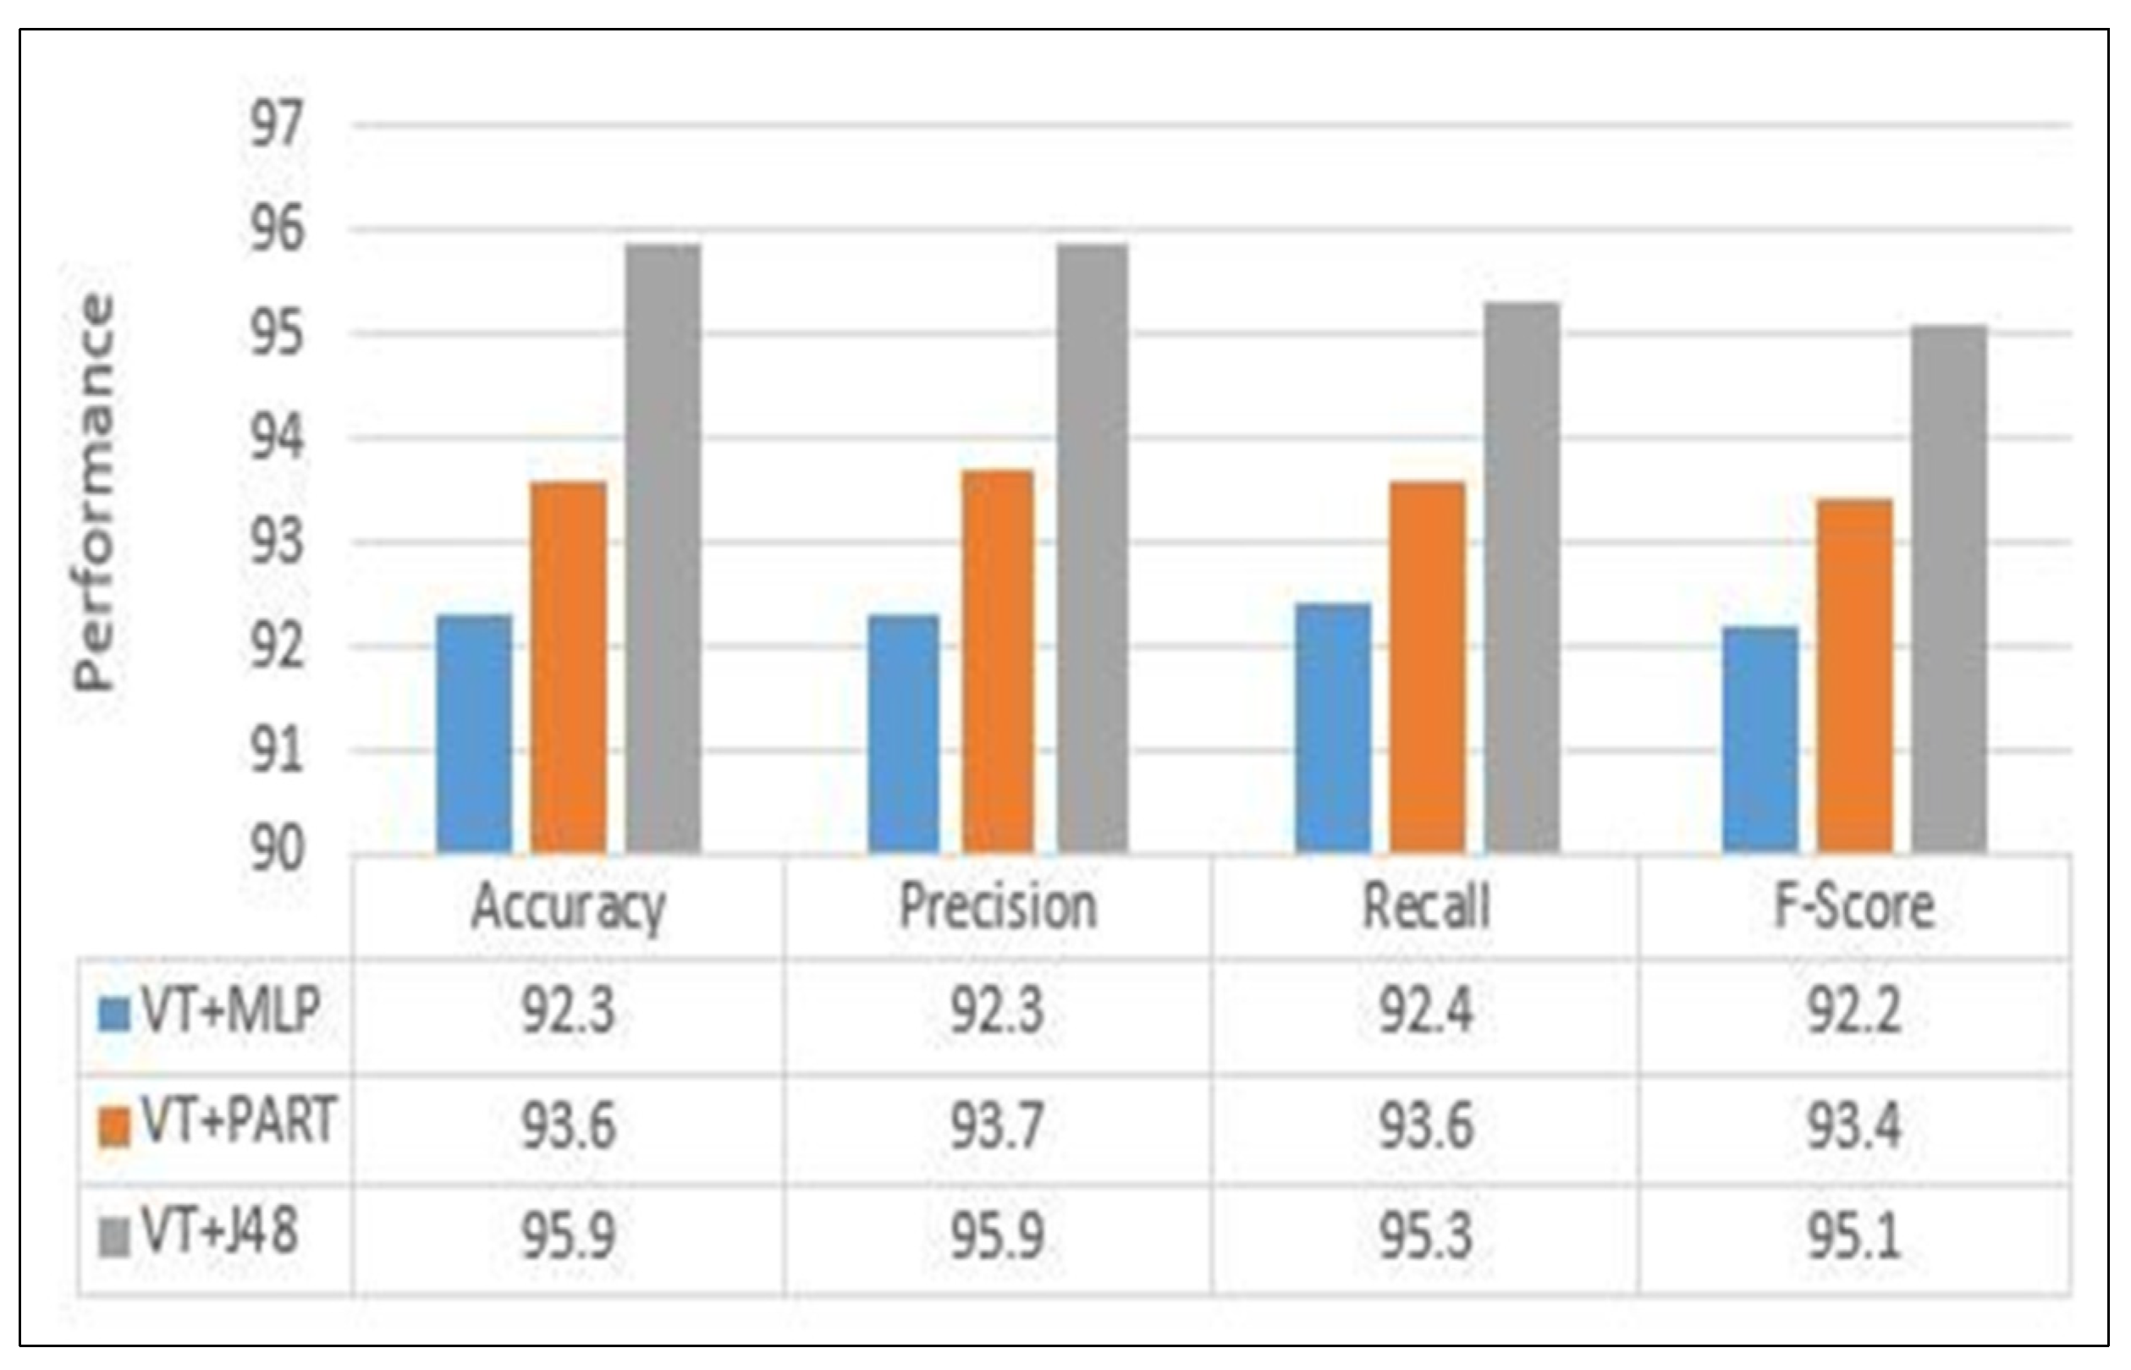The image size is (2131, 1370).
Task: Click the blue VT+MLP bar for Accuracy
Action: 474,734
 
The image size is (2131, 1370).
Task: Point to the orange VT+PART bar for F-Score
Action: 1854,676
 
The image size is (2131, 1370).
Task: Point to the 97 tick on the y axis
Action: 277,125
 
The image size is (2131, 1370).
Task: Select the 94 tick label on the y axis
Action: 277,439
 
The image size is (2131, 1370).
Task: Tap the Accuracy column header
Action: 568,907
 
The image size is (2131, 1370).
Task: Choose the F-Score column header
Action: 1854,907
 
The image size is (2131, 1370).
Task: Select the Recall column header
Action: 1425,907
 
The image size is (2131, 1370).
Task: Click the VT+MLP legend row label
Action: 230,1012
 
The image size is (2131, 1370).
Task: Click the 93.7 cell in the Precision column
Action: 997,1126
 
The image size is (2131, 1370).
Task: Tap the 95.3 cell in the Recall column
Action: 1425,1236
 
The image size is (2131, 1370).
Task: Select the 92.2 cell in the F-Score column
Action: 1854,1012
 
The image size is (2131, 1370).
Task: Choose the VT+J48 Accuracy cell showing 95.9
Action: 568,1236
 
